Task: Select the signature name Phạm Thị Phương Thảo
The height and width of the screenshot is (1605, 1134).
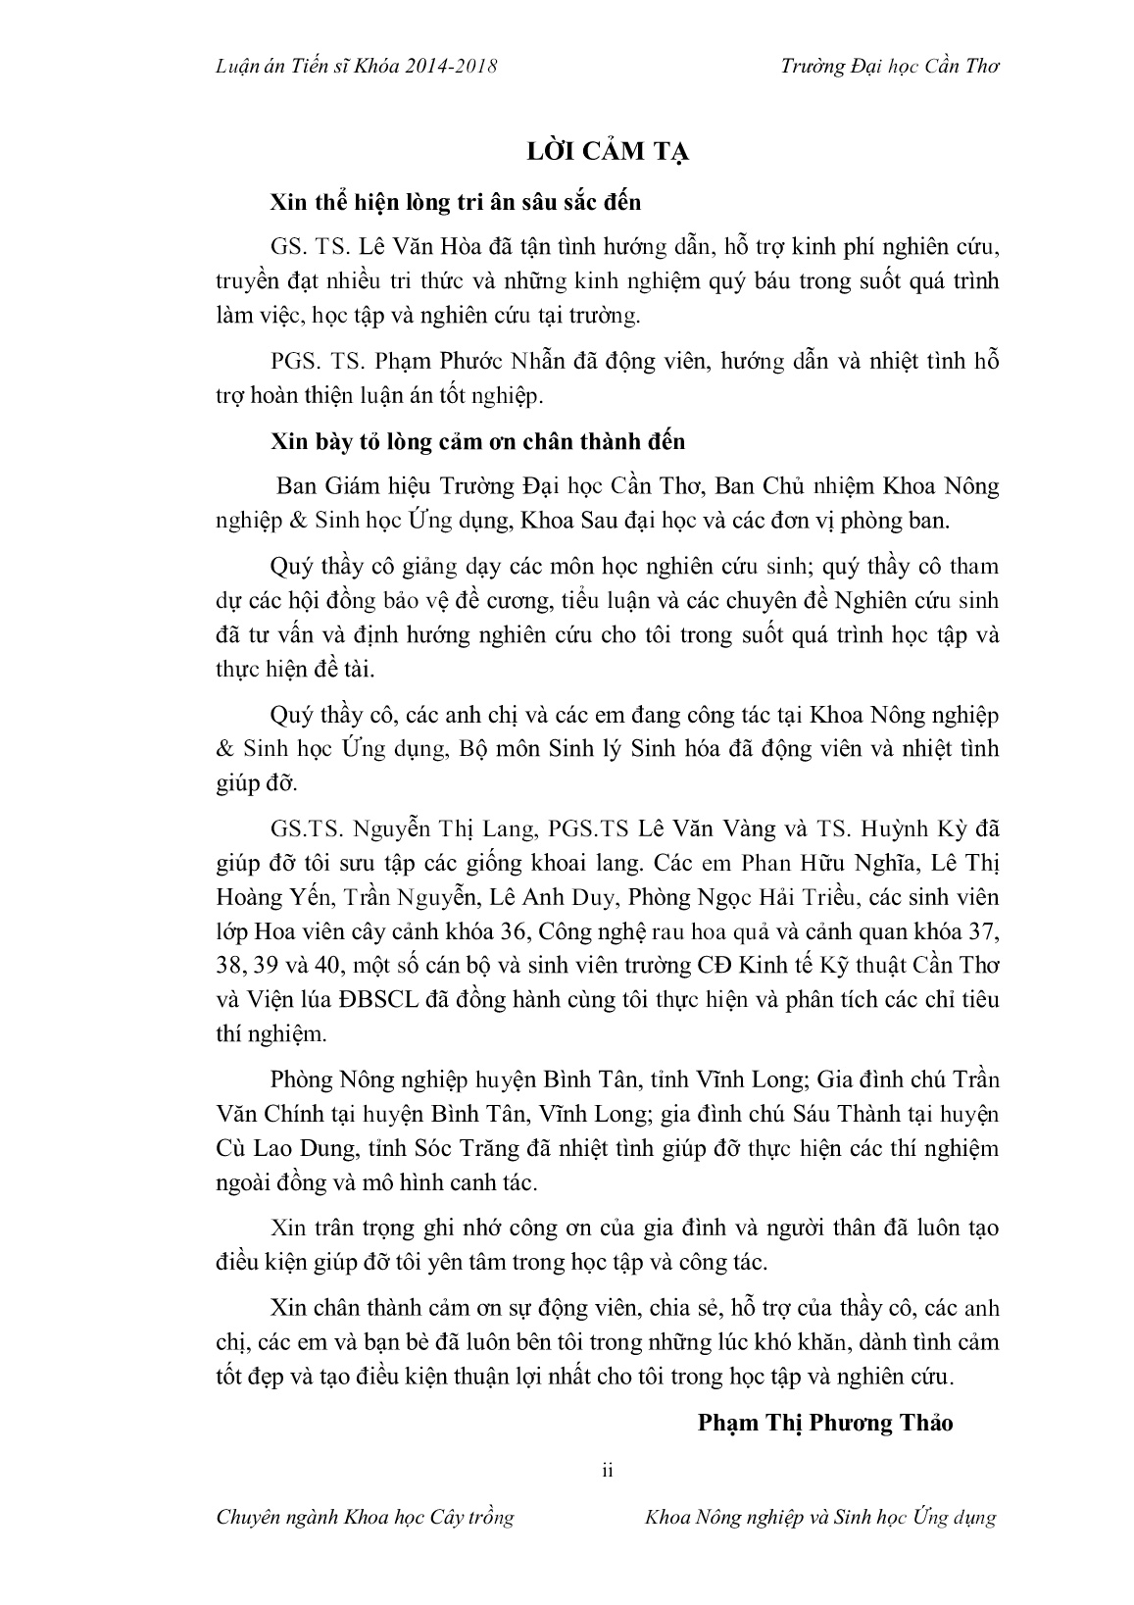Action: point(825,1423)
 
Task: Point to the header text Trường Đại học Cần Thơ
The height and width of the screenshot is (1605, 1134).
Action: point(890,66)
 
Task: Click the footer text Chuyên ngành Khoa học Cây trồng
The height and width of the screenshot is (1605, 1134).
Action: point(365,1518)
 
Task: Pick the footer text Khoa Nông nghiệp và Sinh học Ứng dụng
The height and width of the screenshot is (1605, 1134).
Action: point(820,1518)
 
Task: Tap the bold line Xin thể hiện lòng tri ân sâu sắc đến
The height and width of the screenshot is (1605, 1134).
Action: point(457,203)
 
